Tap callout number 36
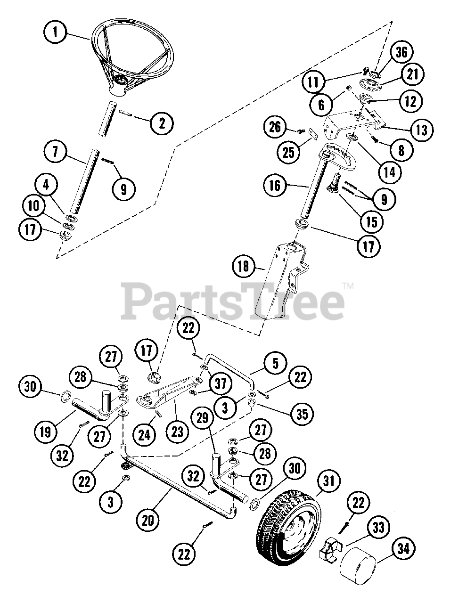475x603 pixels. click(x=401, y=52)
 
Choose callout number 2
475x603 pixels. click(x=162, y=123)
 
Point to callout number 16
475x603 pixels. click(x=276, y=186)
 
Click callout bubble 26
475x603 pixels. click(x=276, y=126)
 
